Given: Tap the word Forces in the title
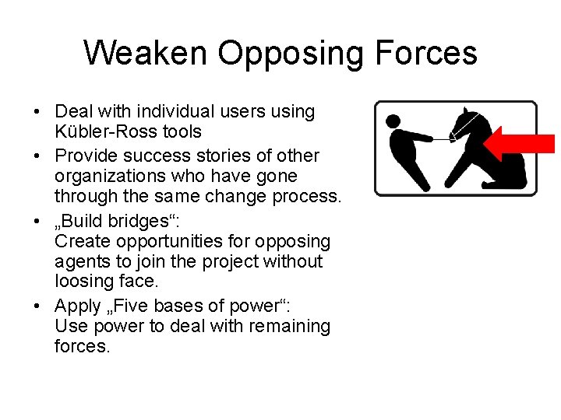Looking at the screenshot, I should click(425, 53).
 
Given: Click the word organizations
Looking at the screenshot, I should click(104, 177).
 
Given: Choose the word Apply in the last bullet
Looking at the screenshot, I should click(78, 306).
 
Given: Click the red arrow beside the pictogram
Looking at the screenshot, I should click(517, 144).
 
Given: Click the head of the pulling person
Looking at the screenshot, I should click(393, 121).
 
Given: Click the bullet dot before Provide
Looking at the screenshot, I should click(38, 155).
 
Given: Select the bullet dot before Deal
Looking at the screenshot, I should click(38, 112).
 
